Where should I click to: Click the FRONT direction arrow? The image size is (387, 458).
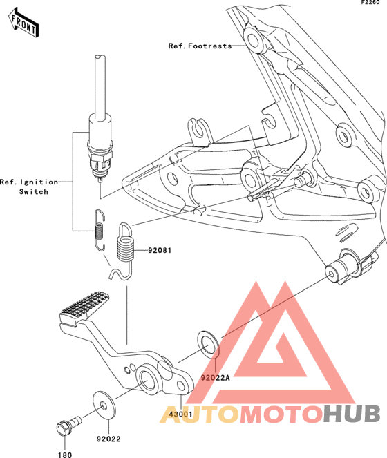pos(23,23)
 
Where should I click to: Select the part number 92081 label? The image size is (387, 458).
pos(160,250)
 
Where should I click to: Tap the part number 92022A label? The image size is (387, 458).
pos(215,378)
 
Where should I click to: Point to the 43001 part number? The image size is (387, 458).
pos(181,414)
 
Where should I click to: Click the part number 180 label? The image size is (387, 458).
pos(65,455)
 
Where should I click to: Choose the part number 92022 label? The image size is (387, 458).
pos(108,439)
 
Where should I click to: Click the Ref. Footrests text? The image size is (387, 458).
pos(200,46)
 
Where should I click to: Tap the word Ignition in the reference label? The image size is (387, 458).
pos(39,182)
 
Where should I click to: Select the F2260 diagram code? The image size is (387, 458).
pos(370,3)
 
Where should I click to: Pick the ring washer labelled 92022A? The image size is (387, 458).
pos(209,345)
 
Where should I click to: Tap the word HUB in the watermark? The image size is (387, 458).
pos(352,414)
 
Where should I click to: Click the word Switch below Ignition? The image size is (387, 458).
pos(34,192)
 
